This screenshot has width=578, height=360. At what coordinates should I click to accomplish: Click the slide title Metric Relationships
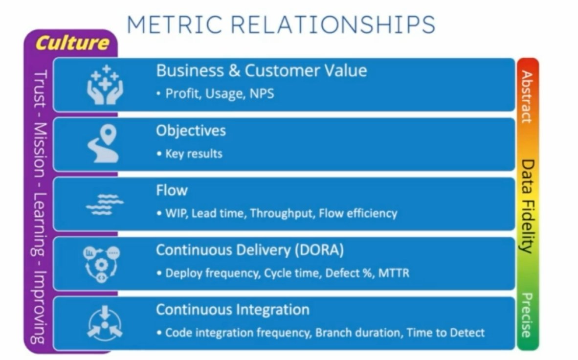[x=281, y=24]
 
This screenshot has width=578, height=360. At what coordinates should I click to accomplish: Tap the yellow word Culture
[x=72, y=43]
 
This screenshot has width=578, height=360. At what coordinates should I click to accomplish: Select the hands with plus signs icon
[x=105, y=84]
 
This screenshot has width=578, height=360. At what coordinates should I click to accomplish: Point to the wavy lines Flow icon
[x=104, y=204]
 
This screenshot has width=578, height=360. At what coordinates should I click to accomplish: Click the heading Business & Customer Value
[x=261, y=71]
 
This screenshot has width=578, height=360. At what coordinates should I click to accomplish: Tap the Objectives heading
[x=191, y=131]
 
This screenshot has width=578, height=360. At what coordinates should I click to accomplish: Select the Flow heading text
[x=172, y=190]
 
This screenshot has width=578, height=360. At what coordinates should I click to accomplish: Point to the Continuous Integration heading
[x=232, y=310]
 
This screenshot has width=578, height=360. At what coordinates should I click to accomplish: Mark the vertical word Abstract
[x=527, y=96]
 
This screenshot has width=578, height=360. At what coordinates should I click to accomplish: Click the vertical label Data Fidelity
[x=527, y=205]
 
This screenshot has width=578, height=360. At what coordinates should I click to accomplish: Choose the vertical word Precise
[x=527, y=315]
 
